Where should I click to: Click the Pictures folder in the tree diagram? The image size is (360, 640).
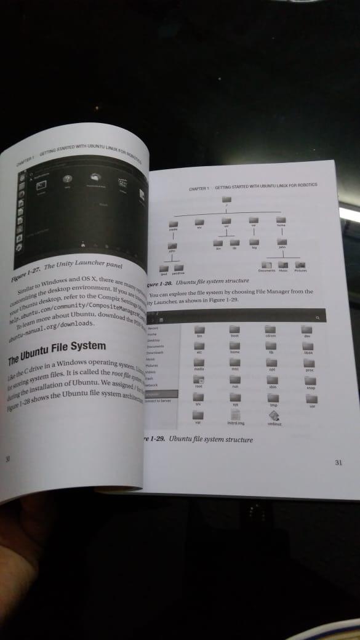(x=301, y=263)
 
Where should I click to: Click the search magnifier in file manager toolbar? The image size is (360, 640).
(x=318, y=316)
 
